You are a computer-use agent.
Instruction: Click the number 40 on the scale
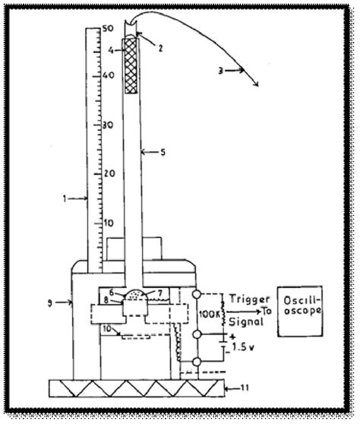(x=111, y=76)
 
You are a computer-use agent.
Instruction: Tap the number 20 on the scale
(x=111, y=173)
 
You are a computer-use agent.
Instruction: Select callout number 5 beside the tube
(x=163, y=152)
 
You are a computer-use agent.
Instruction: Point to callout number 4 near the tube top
(x=111, y=50)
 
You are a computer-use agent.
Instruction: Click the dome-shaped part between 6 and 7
(x=134, y=293)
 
